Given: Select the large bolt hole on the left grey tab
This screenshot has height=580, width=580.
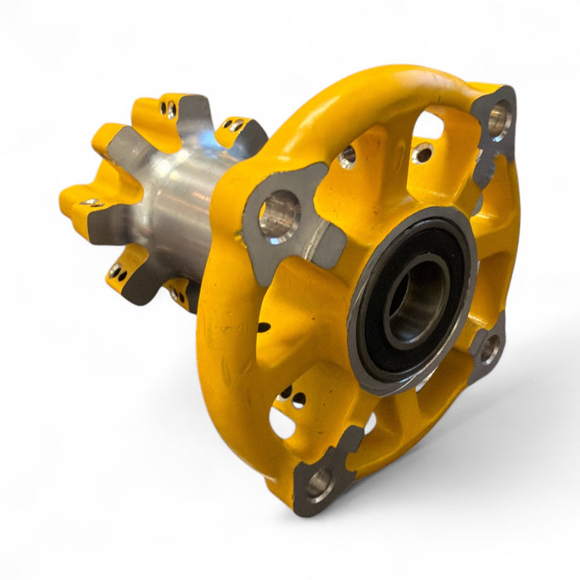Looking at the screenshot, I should click(279, 217).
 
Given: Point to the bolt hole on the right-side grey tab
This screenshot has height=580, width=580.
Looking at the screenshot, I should click(490, 350).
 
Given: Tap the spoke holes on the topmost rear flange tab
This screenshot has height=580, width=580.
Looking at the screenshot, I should click(170, 109).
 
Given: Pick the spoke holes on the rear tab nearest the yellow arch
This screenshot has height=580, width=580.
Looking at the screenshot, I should click(235, 126).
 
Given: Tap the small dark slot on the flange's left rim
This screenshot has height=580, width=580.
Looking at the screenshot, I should click(263, 327).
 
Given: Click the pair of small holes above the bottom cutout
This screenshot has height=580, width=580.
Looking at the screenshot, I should click(292, 397).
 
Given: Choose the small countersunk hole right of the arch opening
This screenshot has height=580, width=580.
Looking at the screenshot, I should click(423, 152).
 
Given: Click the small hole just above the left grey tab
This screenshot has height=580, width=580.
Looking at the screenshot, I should click(348, 155).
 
